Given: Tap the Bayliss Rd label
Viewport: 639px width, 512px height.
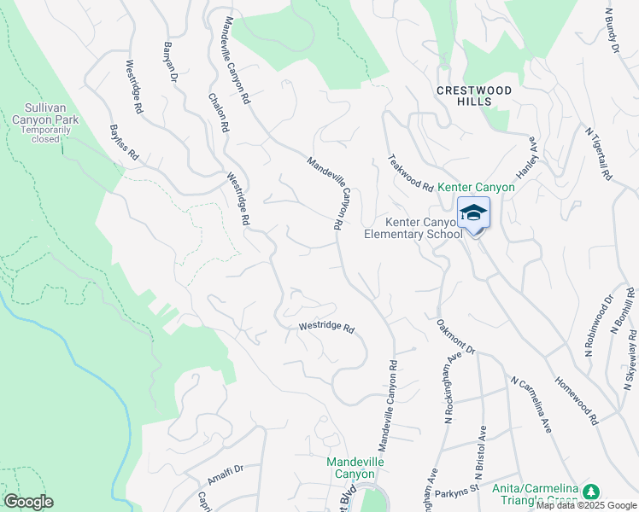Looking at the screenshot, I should click(124, 145).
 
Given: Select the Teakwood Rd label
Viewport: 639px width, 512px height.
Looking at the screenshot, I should click(411, 172).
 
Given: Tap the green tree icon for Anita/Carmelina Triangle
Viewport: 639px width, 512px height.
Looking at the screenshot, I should click(589, 492).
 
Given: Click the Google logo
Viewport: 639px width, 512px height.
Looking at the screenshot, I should click(28, 502).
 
